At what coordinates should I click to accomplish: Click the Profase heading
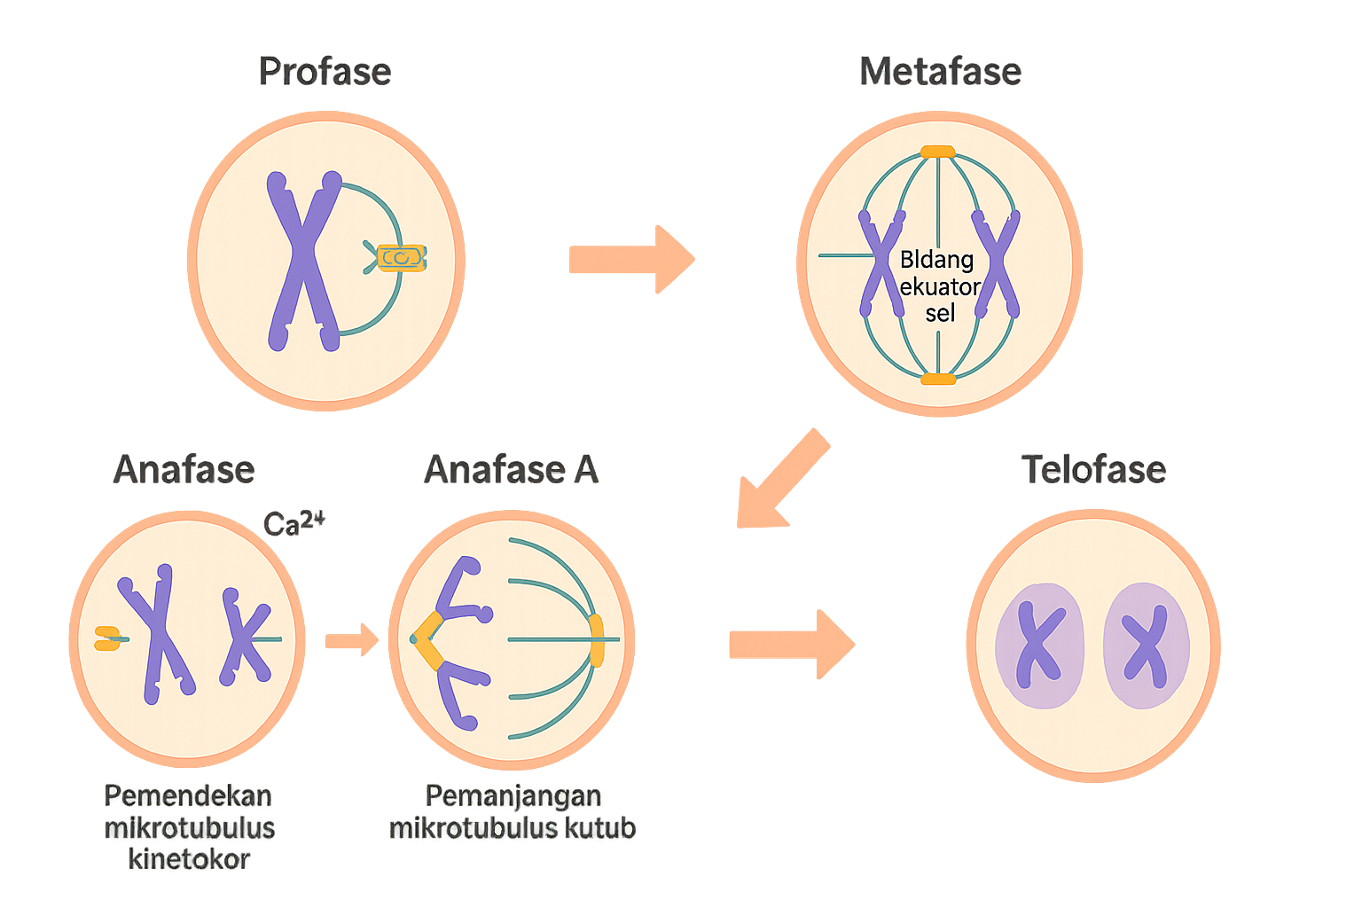[325, 72]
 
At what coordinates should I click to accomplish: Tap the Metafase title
[941, 72]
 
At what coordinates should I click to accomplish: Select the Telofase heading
[1093, 469]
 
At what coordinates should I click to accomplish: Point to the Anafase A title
[512, 469]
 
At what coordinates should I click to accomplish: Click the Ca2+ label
[294, 523]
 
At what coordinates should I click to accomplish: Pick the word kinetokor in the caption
[189, 859]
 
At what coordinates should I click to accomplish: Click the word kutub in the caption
[603, 828]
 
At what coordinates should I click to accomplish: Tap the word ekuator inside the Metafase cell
[940, 286]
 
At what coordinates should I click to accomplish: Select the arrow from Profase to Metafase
[631, 260]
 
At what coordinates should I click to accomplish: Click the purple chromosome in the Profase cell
[304, 261]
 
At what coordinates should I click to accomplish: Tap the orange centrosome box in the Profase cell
[402, 258]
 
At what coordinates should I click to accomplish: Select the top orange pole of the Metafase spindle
[937, 152]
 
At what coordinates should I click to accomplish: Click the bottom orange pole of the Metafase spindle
[938, 380]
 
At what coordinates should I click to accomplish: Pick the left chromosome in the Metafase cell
[881, 263]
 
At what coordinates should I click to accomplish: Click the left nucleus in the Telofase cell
[1039, 646]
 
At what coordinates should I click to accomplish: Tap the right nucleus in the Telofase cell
[1146, 645]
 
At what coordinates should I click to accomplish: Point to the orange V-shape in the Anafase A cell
[429, 639]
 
